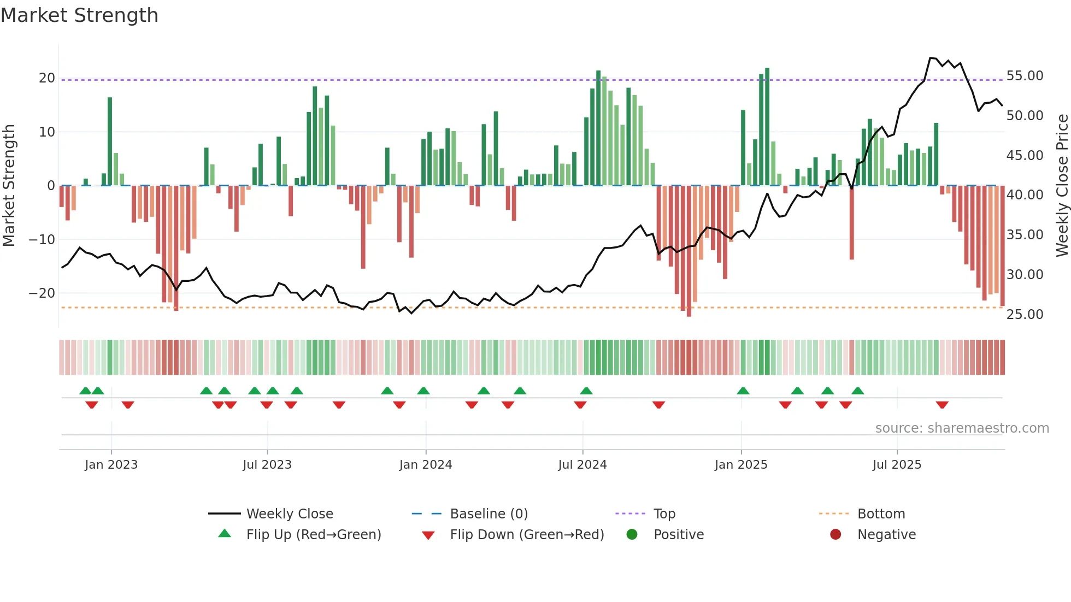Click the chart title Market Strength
[x=79, y=15]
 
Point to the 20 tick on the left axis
[x=47, y=78]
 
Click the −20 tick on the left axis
[x=42, y=293]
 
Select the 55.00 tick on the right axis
[x=1025, y=76]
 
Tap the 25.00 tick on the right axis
[x=1025, y=315]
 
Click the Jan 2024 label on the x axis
[x=426, y=465]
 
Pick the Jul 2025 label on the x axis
[x=897, y=465]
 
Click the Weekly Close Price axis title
[x=1062, y=185]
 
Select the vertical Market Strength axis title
[x=9, y=185]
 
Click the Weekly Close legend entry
[x=290, y=514]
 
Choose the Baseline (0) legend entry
[x=489, y=514]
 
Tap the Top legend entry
[x=664, y=514]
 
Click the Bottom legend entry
[x=881, y=514]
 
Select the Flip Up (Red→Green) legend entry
[x=313, y=535]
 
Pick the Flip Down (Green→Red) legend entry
[x=527, y=535]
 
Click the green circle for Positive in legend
[x=632, y=535]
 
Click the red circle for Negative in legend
[x=835, y=535]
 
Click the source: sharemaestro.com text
[x=962, y=428]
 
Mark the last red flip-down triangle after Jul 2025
[x=942, y=405]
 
